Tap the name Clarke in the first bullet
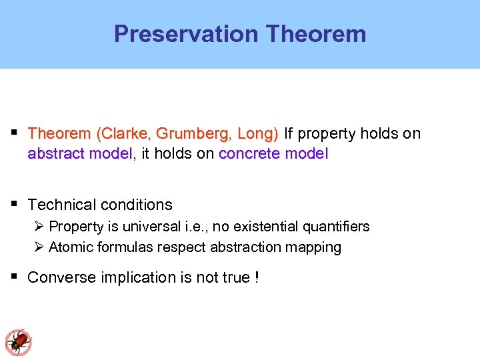tap(121, 133)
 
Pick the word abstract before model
tap(55, 154)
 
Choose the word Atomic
tap(71, 247)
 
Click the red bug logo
tap(19, 342)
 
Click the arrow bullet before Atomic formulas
tap(39, 247)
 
